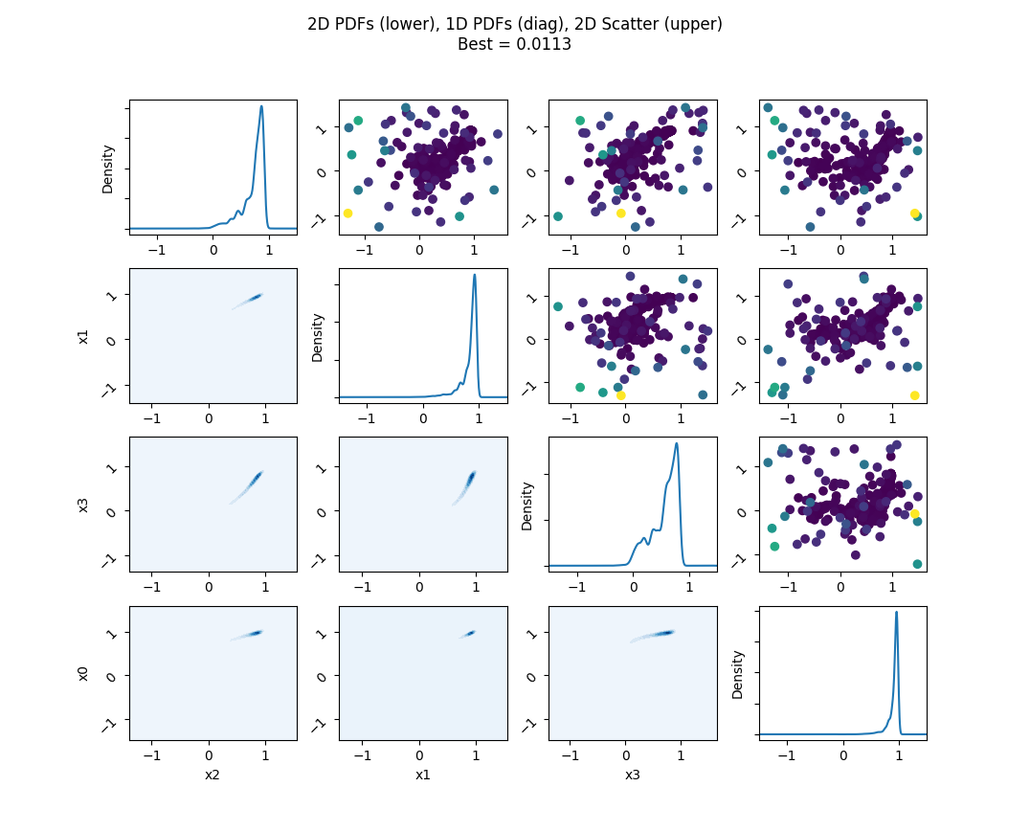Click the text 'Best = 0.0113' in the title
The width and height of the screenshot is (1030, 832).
[x=514, y=44]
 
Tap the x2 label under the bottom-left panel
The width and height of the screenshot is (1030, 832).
[x=213, y=774]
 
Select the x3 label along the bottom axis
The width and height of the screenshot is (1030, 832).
[x=632, y=774]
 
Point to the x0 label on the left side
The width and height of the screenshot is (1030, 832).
[x=83, y=673]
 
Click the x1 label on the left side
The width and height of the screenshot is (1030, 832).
[x=83, y=336]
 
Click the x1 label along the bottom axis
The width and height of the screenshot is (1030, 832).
[x=422, y=774]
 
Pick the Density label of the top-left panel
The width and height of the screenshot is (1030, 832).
[x=108, y=169]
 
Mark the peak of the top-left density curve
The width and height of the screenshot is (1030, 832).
[x=261, y=106]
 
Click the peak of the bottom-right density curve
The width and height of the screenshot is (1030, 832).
[x=896, y=613]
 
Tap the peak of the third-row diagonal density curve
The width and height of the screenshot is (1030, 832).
[x=677, y=443]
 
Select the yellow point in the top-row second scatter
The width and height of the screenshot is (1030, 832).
[x=347, y=214]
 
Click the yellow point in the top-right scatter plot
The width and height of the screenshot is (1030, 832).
[x=914, y=214]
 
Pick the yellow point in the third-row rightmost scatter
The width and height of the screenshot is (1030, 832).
[x=914, y=514]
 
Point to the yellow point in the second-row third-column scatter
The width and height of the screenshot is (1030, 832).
[x=620, y=394]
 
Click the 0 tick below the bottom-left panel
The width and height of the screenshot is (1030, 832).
[x=210, y=754]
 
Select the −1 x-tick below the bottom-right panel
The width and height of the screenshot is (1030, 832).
[x=787, y=754]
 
